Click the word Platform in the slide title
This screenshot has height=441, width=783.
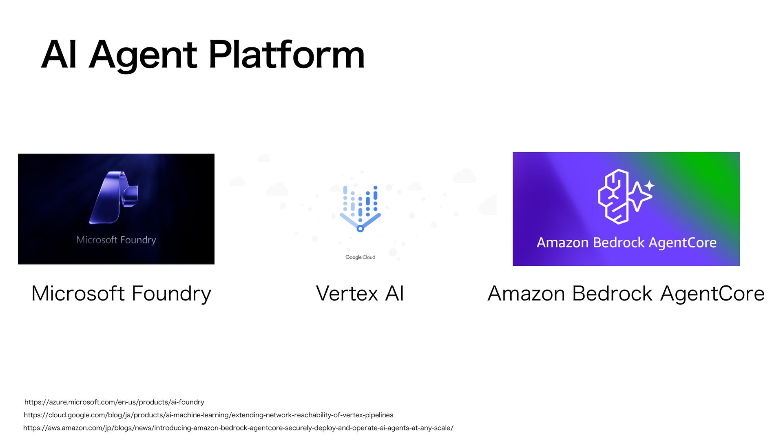coord(286,55)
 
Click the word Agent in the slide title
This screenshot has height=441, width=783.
coord(143,56)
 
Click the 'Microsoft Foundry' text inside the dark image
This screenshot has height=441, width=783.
coord(116,240)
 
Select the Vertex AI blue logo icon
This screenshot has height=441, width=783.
coord(360,208)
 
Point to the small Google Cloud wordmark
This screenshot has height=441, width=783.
coord(360,257)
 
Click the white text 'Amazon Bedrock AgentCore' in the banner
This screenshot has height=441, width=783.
coord(626,243)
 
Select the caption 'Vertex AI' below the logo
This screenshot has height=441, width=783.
coord(360,294)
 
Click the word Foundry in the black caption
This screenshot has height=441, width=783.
coord(171,294)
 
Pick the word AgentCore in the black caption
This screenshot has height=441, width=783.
coord(712,294)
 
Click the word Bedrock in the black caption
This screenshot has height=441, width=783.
coord(612,294)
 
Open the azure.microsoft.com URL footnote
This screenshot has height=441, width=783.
coord(114,402)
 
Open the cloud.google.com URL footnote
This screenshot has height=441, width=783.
coord(208,415)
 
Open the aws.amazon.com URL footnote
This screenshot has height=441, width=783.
coord(238,428)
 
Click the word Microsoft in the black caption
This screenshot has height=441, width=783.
coord(78,294)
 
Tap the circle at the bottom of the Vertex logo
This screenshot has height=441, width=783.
coord(360,229)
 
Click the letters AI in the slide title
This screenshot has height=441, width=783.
coord(59,55)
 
